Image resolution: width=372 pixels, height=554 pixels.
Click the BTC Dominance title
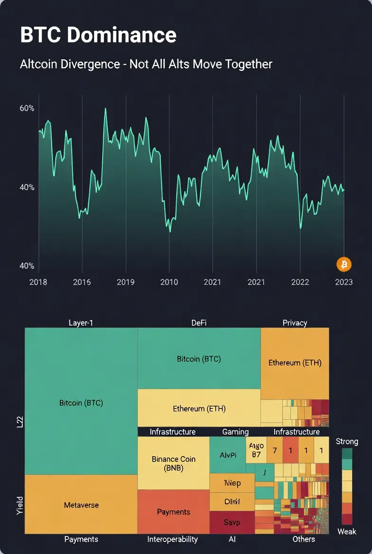98,35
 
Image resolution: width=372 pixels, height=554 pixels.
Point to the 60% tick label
27,108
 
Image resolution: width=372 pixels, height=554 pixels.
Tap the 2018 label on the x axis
38,282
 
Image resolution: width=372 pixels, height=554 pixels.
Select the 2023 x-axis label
344,282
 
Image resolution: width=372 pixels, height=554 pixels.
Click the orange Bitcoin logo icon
344,264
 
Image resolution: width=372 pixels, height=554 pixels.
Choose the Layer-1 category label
81,323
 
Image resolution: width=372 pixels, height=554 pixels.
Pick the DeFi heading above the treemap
199,323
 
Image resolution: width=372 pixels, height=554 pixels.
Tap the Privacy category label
295,323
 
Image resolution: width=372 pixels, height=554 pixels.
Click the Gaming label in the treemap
235,432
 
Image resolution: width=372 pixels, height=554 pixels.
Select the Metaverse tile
81,505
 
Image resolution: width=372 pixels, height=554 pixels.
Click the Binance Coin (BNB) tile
173,463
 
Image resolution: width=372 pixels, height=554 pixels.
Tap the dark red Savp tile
232,522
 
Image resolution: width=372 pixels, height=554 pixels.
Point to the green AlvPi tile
228,455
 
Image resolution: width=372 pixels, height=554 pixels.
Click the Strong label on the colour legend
347,442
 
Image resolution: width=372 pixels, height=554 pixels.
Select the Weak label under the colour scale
347,531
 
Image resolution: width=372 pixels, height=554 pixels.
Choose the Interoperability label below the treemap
173,539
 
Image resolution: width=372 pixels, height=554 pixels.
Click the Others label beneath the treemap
304,539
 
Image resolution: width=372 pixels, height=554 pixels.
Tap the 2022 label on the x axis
299,282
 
